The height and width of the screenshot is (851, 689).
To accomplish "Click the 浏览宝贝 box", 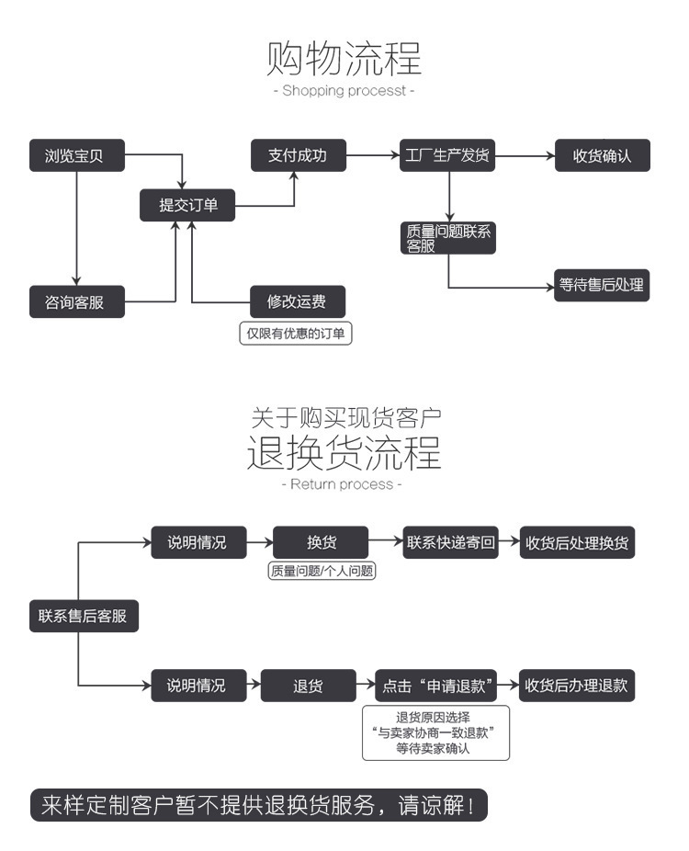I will point(76,156).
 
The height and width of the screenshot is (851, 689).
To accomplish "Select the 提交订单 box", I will point(187,205).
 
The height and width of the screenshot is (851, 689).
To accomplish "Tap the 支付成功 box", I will point(297,155).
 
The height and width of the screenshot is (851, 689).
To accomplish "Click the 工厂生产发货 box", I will point(448,155).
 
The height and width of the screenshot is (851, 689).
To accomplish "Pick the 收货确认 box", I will point(602,156).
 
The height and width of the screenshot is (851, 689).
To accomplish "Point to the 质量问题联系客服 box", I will point(448,239).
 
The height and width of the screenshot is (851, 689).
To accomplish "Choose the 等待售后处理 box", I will point(602,285).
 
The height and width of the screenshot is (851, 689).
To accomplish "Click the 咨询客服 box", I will point(76,302).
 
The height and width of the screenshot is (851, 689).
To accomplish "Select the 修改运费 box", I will point(296,301).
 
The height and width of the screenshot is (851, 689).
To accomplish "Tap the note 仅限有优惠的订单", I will point(296,334).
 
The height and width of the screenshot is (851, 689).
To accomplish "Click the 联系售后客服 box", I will point(83,616).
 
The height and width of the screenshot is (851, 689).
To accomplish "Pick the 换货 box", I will point(321,542).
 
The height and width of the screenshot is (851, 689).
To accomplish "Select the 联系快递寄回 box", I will point(450,542).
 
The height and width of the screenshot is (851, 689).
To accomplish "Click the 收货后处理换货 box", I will point(577,542).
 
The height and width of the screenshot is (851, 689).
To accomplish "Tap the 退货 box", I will point(308,686).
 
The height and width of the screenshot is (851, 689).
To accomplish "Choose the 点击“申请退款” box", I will point(436,686).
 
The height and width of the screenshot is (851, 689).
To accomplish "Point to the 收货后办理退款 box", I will point(577,686).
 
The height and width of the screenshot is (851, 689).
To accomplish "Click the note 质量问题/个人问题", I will point(322,571).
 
